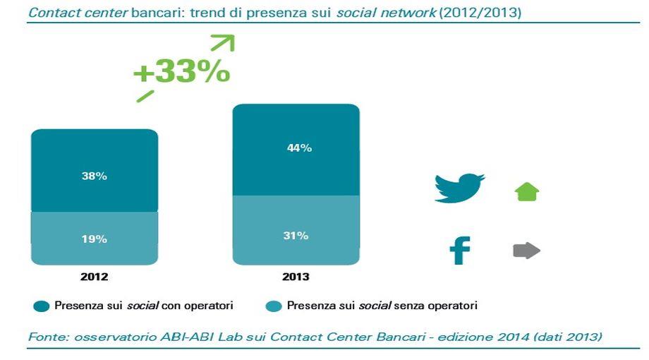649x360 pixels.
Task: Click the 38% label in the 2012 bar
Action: pos(95,176)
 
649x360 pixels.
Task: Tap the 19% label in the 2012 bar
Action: pos(95,239)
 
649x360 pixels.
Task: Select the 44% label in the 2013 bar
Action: pos(299,148)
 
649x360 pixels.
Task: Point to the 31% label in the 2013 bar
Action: pos(296,236)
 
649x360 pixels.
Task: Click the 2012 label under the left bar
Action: pos(95,277)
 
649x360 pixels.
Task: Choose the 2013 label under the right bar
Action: pos(296,277)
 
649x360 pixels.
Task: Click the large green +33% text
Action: pos(182,72)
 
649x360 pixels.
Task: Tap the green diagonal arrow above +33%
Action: pos(224,42)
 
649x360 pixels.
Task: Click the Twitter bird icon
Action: pos(459,188)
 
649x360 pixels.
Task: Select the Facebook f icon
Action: pos(460,250)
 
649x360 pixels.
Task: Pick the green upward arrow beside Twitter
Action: pos(527,192)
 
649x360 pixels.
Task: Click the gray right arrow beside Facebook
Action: pos(526,251)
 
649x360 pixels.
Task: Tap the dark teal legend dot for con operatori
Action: pos(42,306)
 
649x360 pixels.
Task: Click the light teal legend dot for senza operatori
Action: pos(274,306)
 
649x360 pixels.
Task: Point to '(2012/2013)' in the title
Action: pos(480,13)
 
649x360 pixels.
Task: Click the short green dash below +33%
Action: pos(145,96)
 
